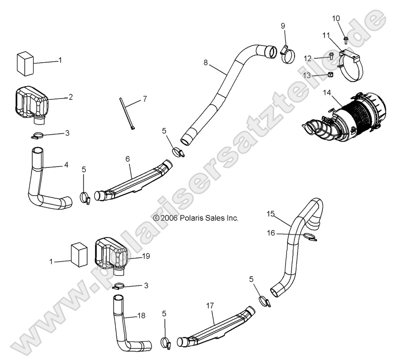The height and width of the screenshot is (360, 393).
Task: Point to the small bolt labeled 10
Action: tap(346, 40)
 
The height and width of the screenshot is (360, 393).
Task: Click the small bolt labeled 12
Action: tap(331, 56)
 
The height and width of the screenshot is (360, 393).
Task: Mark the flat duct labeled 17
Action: tap(217, 329)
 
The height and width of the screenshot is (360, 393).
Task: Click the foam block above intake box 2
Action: tap(26, 63)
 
